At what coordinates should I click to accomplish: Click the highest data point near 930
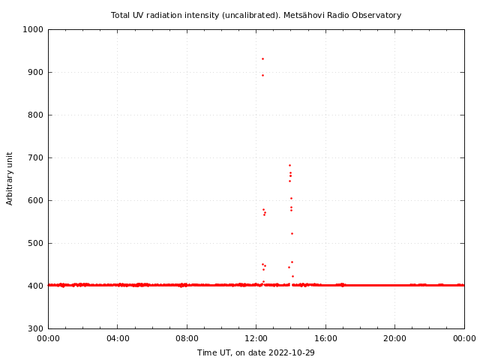click(262, 58)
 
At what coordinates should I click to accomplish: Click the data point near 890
click(262, 75)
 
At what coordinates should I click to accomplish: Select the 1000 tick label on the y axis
click(34, 30)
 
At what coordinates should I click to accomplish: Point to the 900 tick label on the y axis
click(36, 73)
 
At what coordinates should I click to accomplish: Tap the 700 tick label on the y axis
click(36, 158)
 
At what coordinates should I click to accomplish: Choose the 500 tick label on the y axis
click(36, 244)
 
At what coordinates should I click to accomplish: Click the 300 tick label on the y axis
click(36, 329)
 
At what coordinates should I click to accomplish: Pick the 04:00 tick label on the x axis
click(118, 338)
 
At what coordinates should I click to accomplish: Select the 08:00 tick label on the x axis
click(187, 338)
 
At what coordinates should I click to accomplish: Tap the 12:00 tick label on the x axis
click(256, 338)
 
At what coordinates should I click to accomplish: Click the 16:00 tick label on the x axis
click(325, 338)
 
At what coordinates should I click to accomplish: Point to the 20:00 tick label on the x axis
click(395, 338)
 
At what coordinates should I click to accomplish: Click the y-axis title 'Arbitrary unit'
click(10, 178)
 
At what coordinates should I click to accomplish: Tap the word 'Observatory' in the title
click(375, 15)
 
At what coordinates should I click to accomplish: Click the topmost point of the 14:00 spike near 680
click(289, 165)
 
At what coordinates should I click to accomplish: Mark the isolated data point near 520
click(292, 233)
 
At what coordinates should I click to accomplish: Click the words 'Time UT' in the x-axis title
click(214, 352)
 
